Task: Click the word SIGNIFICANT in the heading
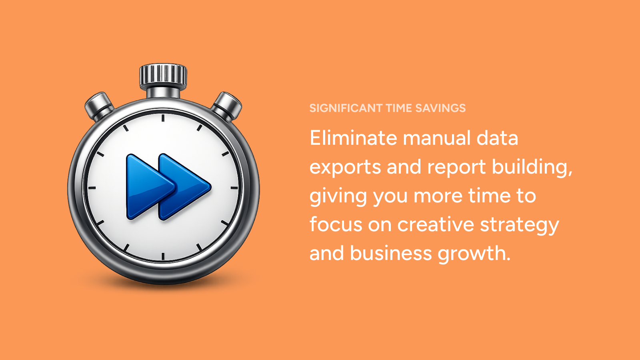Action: [x=346, y=108]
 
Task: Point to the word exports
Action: [x=345, y=168]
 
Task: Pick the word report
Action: [x=456, y=168]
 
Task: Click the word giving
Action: [x=338, y=196]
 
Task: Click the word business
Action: [x=390, y=253]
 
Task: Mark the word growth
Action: [x=474, y=254]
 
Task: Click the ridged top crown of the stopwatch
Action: [x=163, y=74]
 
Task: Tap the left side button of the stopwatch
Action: [x=99, y=106]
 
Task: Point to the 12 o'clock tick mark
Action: [x=163, y=118]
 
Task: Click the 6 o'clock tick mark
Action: [x=163, y=256]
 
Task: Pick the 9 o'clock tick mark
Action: [x=92, y=188]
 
